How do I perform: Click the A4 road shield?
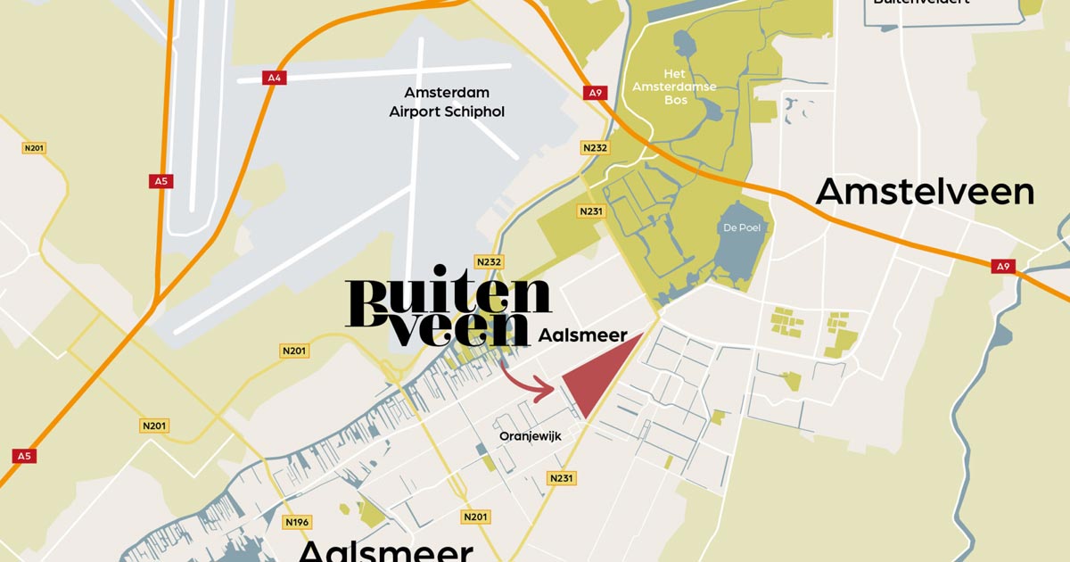tap(274, 78)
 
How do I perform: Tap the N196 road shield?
tap(296, 521)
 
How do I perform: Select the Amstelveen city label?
tap(925, 192)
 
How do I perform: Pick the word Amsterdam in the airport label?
tap(447, 93)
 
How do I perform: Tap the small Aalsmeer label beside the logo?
tap(583, 335)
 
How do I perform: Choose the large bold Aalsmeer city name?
tap(386, 549)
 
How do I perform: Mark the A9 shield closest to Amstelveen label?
tap(1004, 266)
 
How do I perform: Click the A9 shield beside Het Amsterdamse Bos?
tap(595, 92)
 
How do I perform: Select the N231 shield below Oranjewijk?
tap(562, 478)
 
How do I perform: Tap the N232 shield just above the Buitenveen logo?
tap(489, 261)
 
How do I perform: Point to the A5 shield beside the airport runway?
tap(160, 181)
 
